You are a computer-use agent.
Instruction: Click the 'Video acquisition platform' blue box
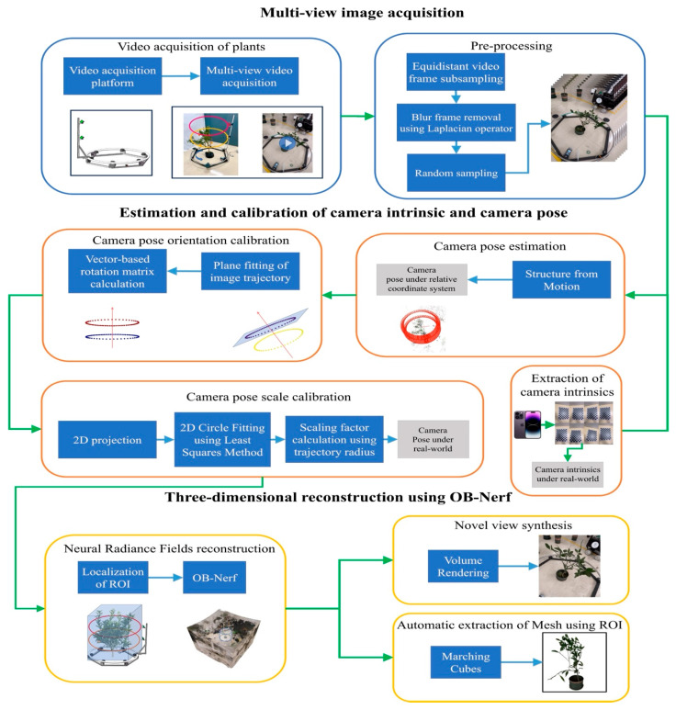click(x=112, y=76)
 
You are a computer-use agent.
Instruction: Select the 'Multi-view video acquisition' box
click(x=250, y=76)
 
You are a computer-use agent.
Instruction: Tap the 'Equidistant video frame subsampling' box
click(x=456, y=72)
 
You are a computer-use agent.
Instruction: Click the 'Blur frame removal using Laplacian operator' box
click(x=456, y=123)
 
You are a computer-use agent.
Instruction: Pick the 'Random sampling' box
click(x=456, y=173)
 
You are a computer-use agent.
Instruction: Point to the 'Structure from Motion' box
click(x=561, y=279)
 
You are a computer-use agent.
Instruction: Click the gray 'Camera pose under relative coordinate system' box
click(x=422, y=279)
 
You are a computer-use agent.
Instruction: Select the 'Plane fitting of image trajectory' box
click(x=251, y=271)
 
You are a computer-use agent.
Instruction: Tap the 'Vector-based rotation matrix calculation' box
click(x=118, y=271)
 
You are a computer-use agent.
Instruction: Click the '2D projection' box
click(x=107, y=440)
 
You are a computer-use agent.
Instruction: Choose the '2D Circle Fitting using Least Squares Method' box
click(x=222, y=439)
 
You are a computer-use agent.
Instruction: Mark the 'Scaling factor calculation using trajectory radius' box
click(x=334, y=439)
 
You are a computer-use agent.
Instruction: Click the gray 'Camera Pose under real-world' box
click(x=433, y=439)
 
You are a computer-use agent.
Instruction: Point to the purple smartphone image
click(x=527, y=424)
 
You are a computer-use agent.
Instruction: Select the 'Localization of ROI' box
click(x=113, y=578)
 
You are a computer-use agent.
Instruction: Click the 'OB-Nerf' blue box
click(x=215, y=578)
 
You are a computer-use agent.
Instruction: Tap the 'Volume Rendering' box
click(x=463, y=566)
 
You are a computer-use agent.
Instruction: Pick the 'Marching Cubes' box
click(x=466, y=662)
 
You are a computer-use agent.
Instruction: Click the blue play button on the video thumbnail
click(x=288, y=143)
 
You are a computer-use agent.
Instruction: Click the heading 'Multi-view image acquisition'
click(x=362, y=13)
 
